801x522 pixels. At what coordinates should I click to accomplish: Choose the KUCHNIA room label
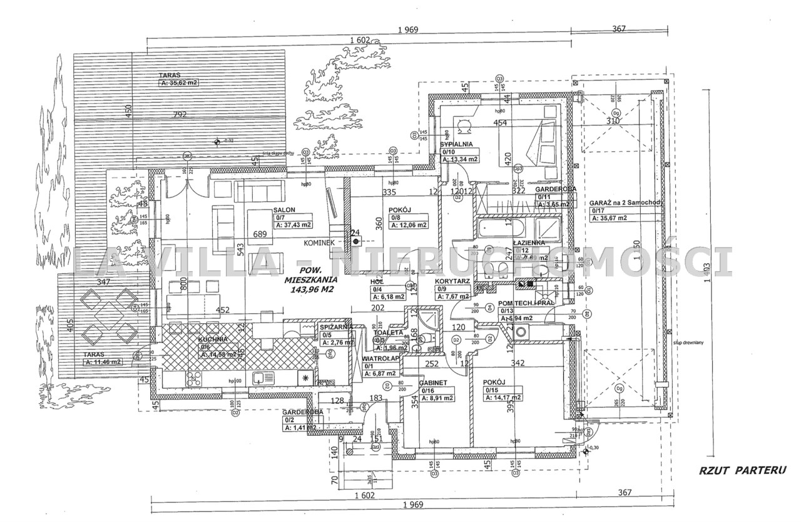pyautogui.click(x=214, y=340)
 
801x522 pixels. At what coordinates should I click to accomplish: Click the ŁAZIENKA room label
pyautogui.click(x=529, y=242)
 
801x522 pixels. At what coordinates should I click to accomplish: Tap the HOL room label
pyautogui.click(x=378, y=281)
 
